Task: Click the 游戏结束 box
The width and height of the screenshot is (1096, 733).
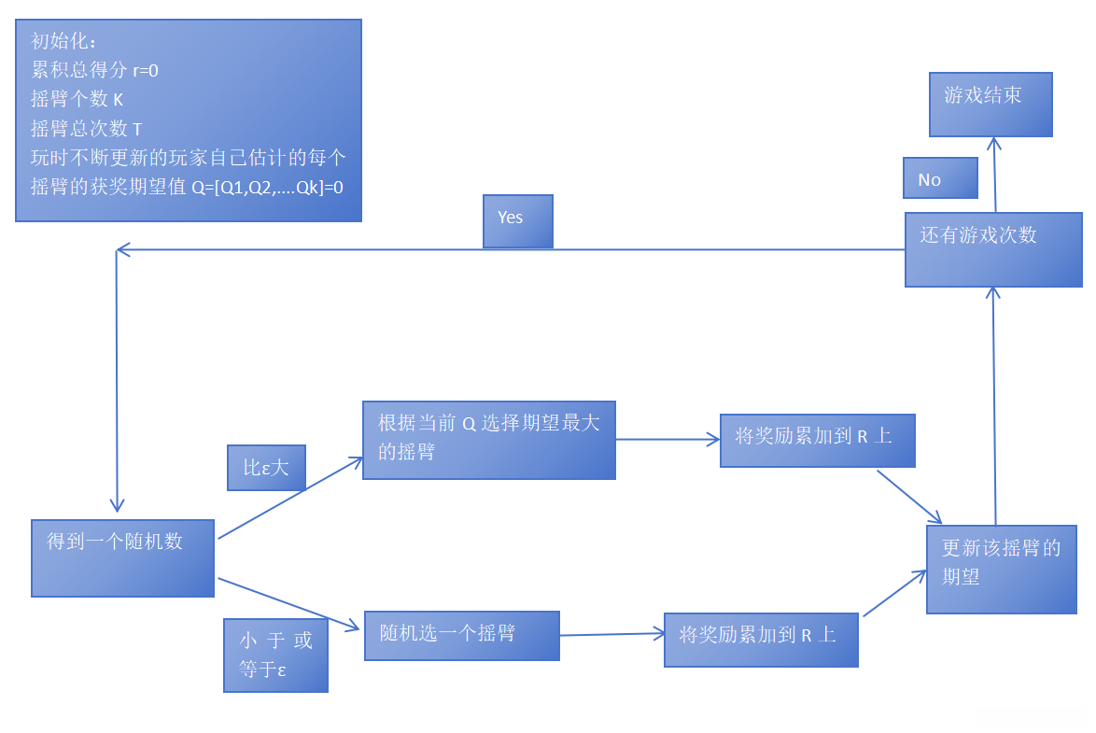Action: tap(991, 104)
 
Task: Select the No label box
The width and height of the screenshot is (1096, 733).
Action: tap(940, 178)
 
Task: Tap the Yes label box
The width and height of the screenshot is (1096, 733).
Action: tap(518, 221)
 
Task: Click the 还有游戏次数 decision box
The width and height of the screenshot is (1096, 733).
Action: tap(993, 249)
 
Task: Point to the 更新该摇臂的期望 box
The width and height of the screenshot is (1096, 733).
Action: tap(1001, 569)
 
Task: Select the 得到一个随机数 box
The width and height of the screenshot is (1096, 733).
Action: tap(122, 557)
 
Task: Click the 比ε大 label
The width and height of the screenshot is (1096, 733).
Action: tap(266, 468)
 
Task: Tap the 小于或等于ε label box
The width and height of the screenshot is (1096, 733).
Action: tap(275, 655)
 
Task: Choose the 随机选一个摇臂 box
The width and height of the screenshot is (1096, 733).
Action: tap(461, 635)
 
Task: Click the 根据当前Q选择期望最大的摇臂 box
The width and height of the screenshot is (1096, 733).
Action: tap(488, 440)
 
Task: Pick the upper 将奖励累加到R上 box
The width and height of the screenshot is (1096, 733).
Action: tap(817, 440)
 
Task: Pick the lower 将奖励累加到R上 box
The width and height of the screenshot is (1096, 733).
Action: tap(761, 640)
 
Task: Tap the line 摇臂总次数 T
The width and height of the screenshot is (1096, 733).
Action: tap(87, 129)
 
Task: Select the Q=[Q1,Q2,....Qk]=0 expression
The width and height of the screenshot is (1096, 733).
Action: tap(267, 187)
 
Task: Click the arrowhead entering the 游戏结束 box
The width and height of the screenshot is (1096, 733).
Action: tap(994, 144)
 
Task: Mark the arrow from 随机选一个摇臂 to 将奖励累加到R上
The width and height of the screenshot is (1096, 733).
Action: tap(611, 635)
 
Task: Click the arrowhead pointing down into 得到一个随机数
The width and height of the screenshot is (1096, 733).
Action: tap(118, 505)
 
